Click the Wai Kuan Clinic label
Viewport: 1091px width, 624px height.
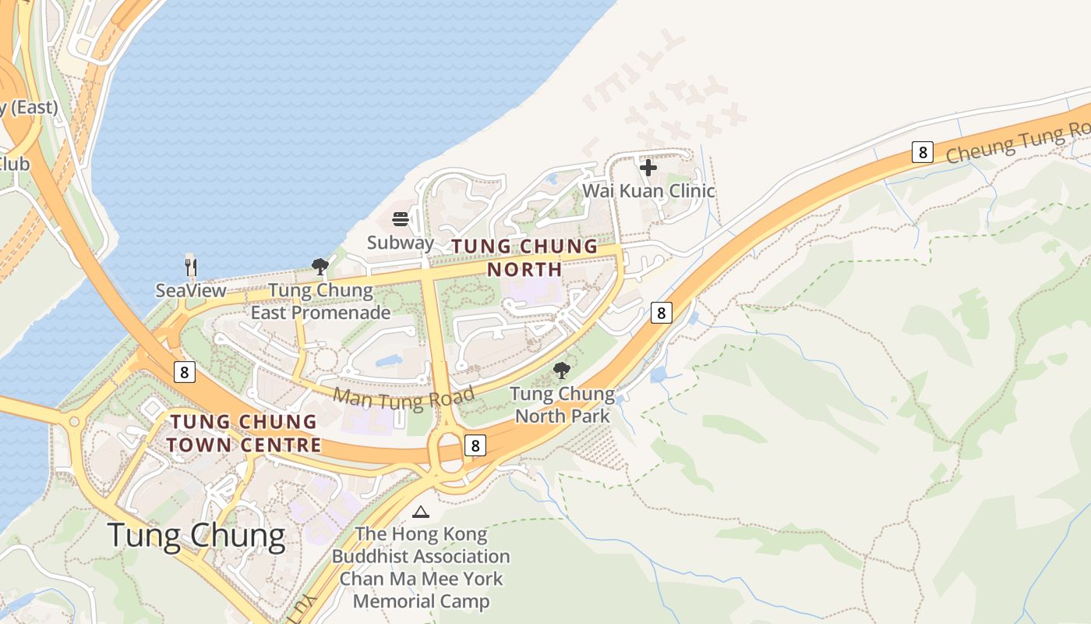[x=648, y=190]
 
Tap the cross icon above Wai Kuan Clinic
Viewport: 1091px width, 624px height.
[x=648, y=167]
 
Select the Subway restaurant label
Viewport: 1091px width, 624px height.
[x=400, y=242]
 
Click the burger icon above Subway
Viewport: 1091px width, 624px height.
[x=401, y=219]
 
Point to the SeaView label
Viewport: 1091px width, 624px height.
[x=191, y=291]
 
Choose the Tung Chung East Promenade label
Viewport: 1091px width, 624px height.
[x=320, y=302]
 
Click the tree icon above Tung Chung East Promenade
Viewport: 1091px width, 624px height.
[x=320, y=268]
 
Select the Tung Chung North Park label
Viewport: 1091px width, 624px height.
[x=562, y=405]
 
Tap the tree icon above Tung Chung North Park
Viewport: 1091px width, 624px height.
[x=561, y=370]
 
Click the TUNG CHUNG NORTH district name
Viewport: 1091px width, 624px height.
[x=524, y=258]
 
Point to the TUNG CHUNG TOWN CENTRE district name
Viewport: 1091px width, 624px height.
[x=245, y=434]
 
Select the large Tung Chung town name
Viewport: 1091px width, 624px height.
[x=196, y=536]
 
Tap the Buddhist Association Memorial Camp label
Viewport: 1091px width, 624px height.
[x=421, y=568]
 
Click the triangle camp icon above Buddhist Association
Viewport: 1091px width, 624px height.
[x=421, y=512]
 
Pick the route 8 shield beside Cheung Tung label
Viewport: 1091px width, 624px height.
[x=922, y=152]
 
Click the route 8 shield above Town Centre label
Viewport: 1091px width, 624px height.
[x=184, y=372]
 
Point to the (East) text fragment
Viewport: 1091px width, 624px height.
[x=30, y=108]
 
